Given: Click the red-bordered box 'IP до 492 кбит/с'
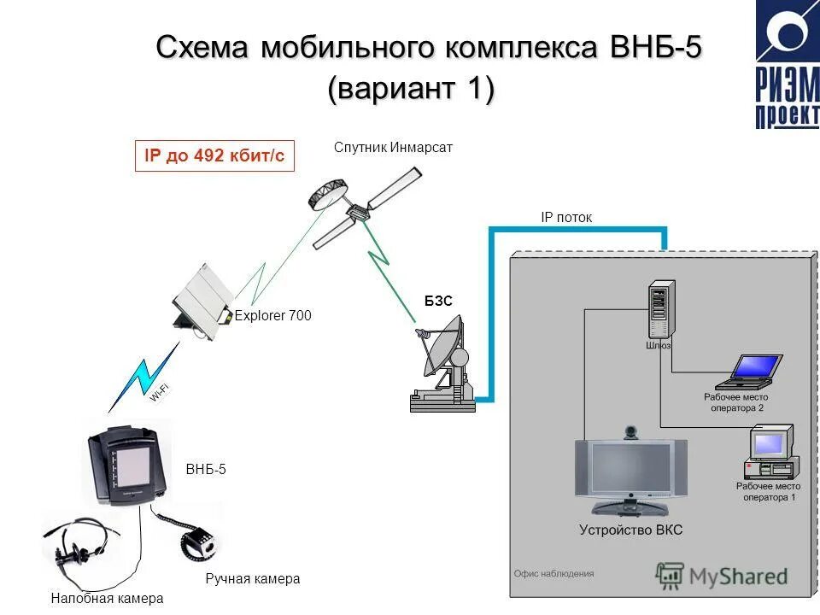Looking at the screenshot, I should tap(214, 156).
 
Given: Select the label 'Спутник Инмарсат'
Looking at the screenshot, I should tap(393, 147).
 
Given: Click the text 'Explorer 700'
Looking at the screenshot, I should tap(272, 315).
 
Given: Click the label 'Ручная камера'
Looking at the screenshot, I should tap(253, 579).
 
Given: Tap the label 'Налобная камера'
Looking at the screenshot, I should tap(106, 599).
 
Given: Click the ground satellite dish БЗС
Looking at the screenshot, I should tap(444, 363).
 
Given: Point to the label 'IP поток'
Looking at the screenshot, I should tap(565, 218).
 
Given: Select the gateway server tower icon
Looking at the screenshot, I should tap(658, 312).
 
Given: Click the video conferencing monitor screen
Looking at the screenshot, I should tap(630, 469).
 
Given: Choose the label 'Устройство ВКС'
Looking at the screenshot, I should tap(630, 530).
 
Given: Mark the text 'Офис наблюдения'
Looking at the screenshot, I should tap(553, 574).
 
